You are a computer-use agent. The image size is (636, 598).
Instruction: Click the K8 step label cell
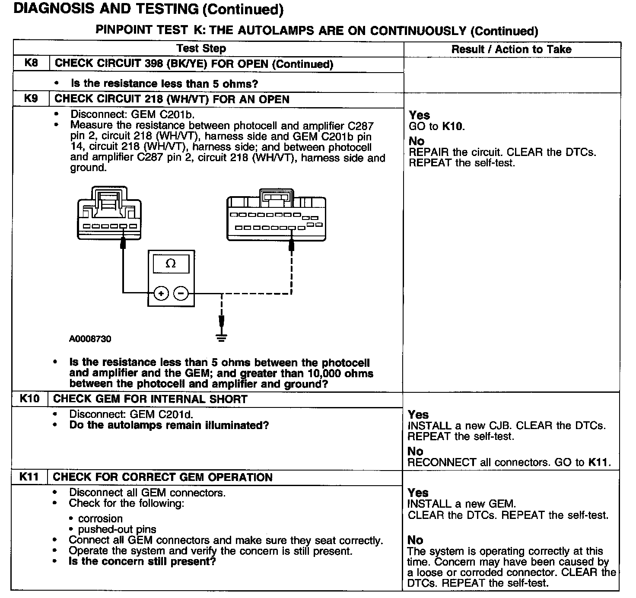[31, 63]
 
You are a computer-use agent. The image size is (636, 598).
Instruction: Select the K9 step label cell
[31, 99]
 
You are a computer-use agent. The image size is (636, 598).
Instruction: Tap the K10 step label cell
[29, 398]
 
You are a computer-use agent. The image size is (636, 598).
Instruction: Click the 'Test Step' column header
[201, 48]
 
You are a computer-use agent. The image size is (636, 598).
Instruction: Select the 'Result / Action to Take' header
[511, 49]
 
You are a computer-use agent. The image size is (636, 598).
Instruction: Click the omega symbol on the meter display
[171, 264]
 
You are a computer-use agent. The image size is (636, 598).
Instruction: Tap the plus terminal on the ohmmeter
[161, 294]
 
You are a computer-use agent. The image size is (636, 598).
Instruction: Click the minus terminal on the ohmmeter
[181, 294]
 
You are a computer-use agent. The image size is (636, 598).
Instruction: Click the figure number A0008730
[90, 339]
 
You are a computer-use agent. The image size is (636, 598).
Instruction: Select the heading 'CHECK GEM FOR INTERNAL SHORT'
[150, 399]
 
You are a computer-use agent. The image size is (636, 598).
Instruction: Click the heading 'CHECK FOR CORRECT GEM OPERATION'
[162, 477]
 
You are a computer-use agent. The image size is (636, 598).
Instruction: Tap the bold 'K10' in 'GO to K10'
[452, 127]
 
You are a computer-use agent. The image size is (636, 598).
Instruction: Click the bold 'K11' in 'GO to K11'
[598, 462]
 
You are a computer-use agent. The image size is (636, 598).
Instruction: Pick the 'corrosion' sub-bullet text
[100, 518]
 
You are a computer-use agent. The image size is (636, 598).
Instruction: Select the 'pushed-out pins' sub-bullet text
[117, 529]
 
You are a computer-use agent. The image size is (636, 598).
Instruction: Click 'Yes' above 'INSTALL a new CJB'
[418, 415]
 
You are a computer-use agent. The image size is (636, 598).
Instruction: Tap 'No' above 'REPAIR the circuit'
[417, 141]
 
